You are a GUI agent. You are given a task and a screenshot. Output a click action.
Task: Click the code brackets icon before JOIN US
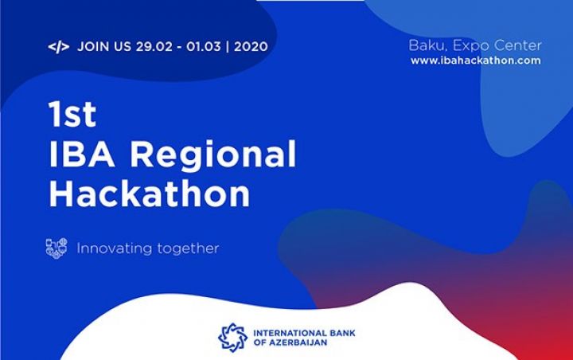pyautogui.click(x=58, y=46)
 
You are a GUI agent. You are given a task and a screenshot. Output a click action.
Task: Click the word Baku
pyautogui.click(x=426, y=45)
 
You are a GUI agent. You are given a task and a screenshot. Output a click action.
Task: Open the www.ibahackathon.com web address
pyautogui.click(x=475, y=61)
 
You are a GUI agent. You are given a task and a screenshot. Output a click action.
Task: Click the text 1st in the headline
pyautogui.click(x=72, y=115)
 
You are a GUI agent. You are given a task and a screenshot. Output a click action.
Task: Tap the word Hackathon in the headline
pyautogui.click(x=149, y=194)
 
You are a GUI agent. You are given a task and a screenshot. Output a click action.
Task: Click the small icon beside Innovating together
pyautogui.click(x=57, y=248)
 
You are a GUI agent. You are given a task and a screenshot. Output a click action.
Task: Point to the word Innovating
pyautogui.click(x=111, y=248)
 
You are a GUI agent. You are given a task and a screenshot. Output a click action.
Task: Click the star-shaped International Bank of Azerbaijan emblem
pyautogui.click(x=232, y=337)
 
